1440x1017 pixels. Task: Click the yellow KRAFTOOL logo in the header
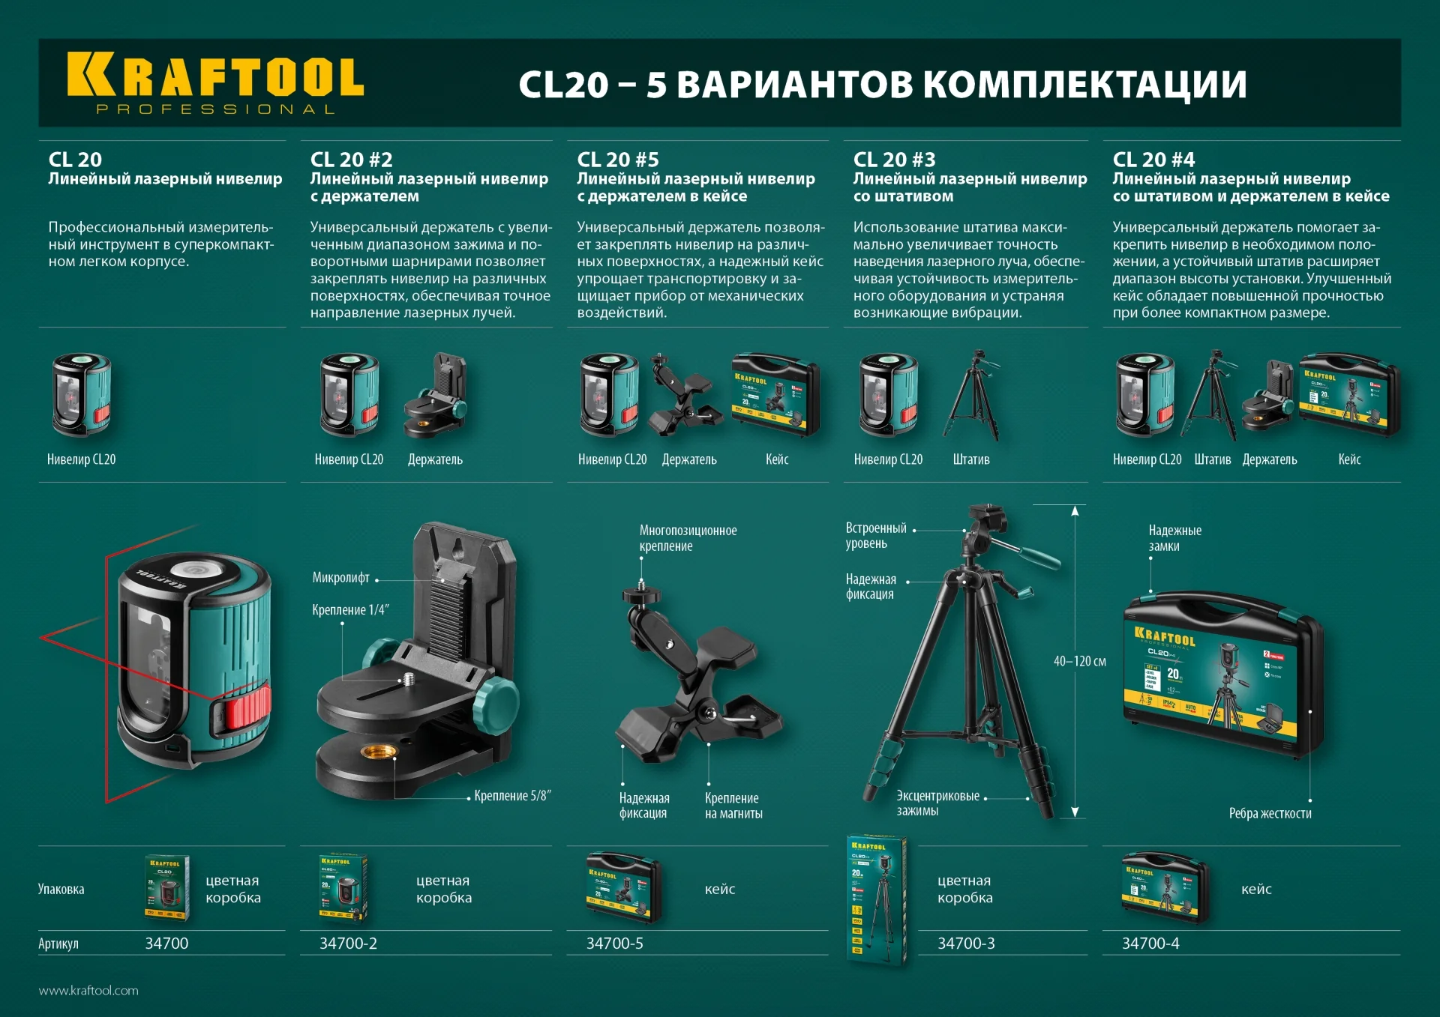point(215,82)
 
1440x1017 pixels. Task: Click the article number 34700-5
point(614,944)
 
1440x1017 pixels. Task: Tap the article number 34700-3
point(966,944)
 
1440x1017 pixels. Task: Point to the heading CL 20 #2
point(351,160)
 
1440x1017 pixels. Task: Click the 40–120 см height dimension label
point(1079,661)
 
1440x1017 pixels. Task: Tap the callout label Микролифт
point(341,578)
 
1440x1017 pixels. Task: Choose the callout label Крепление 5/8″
point(512,796)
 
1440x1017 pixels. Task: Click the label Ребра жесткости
point(1270,813)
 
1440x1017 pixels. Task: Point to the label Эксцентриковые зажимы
point(937,803)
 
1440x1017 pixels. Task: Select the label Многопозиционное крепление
point(688,538)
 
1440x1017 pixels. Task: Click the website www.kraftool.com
point(88,990)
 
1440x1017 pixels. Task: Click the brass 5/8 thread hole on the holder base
point(373,752)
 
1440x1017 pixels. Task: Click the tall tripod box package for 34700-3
point(876,899)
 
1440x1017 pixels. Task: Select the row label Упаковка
point(61,890)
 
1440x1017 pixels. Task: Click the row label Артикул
point(58,944)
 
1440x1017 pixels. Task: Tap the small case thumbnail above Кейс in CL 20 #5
point(775,394)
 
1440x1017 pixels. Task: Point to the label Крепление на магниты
point(733,806)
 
